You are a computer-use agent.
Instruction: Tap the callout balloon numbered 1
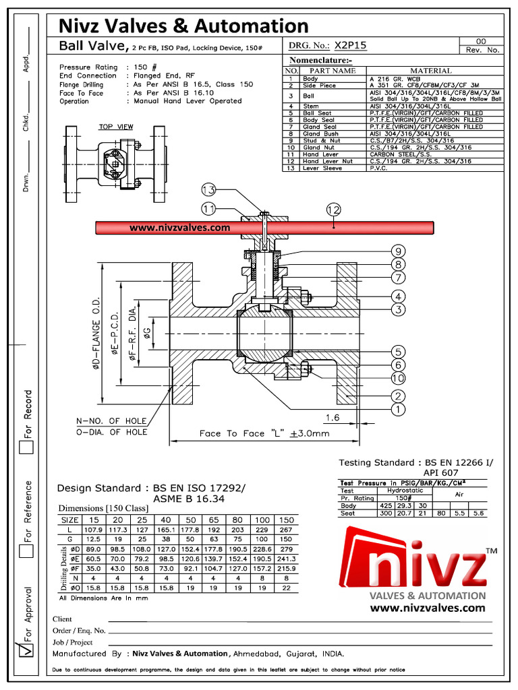click(x=399, y=409)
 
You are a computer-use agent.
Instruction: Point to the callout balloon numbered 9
click(x=399, y=251)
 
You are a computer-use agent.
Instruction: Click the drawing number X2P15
click(x=351, y=46)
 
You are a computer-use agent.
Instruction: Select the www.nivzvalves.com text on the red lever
click(x=179, y=228)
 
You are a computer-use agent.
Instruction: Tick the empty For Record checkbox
click(x=26, y=447)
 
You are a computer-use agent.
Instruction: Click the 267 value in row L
click(x=286, y=530)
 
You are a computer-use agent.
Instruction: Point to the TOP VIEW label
click(x=116, y=127)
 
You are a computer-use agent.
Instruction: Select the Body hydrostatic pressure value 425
click(x=386, y=505)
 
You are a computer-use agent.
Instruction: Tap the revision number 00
click(x=481, y=40)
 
